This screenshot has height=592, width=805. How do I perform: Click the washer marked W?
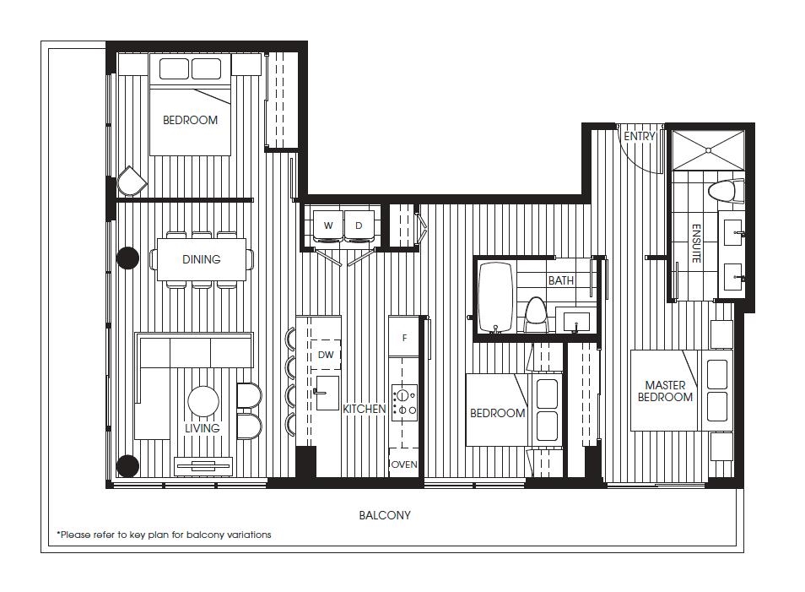pyautogui.click(x=328, y=225)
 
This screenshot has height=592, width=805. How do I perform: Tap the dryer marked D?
pyautogui.click(x=359, y=225)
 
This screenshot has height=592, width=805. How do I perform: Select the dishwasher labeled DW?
pyautogui.click(x=326, y=354)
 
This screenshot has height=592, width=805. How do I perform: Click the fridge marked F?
pyautogui.click(x=404, y=337)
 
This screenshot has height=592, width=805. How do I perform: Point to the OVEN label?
pyautogui.click(x=404, y=464)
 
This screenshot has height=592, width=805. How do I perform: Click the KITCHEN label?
pyautogui.click(x=364, y=409)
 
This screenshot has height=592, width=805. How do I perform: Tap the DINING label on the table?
pyautogui.click(x=201, y=259)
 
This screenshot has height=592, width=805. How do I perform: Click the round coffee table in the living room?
pyautogui.click(x=203, y=401)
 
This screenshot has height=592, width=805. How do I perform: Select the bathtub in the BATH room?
pyautogui.click(x=495, y=297)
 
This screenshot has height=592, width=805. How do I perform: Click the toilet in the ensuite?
pyautogui.click(x=726, y=192)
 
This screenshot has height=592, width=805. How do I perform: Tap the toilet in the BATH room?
pyautogui.click(x=536, y=314)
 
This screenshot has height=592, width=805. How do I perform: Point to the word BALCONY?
pyautogui.click(x=385, y=515)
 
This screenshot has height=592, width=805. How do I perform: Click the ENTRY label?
pyautogui.click(x=639, y=136)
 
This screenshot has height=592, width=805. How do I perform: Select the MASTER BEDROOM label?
pyautogui.click(x=666, y=391)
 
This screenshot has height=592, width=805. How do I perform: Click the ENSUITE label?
pyautogui.click(x=696, y=243)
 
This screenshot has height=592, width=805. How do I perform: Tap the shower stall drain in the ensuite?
pyautogui.click(x=708, y=150)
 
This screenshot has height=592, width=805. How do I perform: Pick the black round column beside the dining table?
pyautogui.click(x=127, y=258)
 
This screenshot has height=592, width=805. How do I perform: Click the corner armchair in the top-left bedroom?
pyautogui.click(x=132, y=181)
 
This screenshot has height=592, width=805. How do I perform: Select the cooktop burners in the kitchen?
pyautogui.click(x=404, y=403)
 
